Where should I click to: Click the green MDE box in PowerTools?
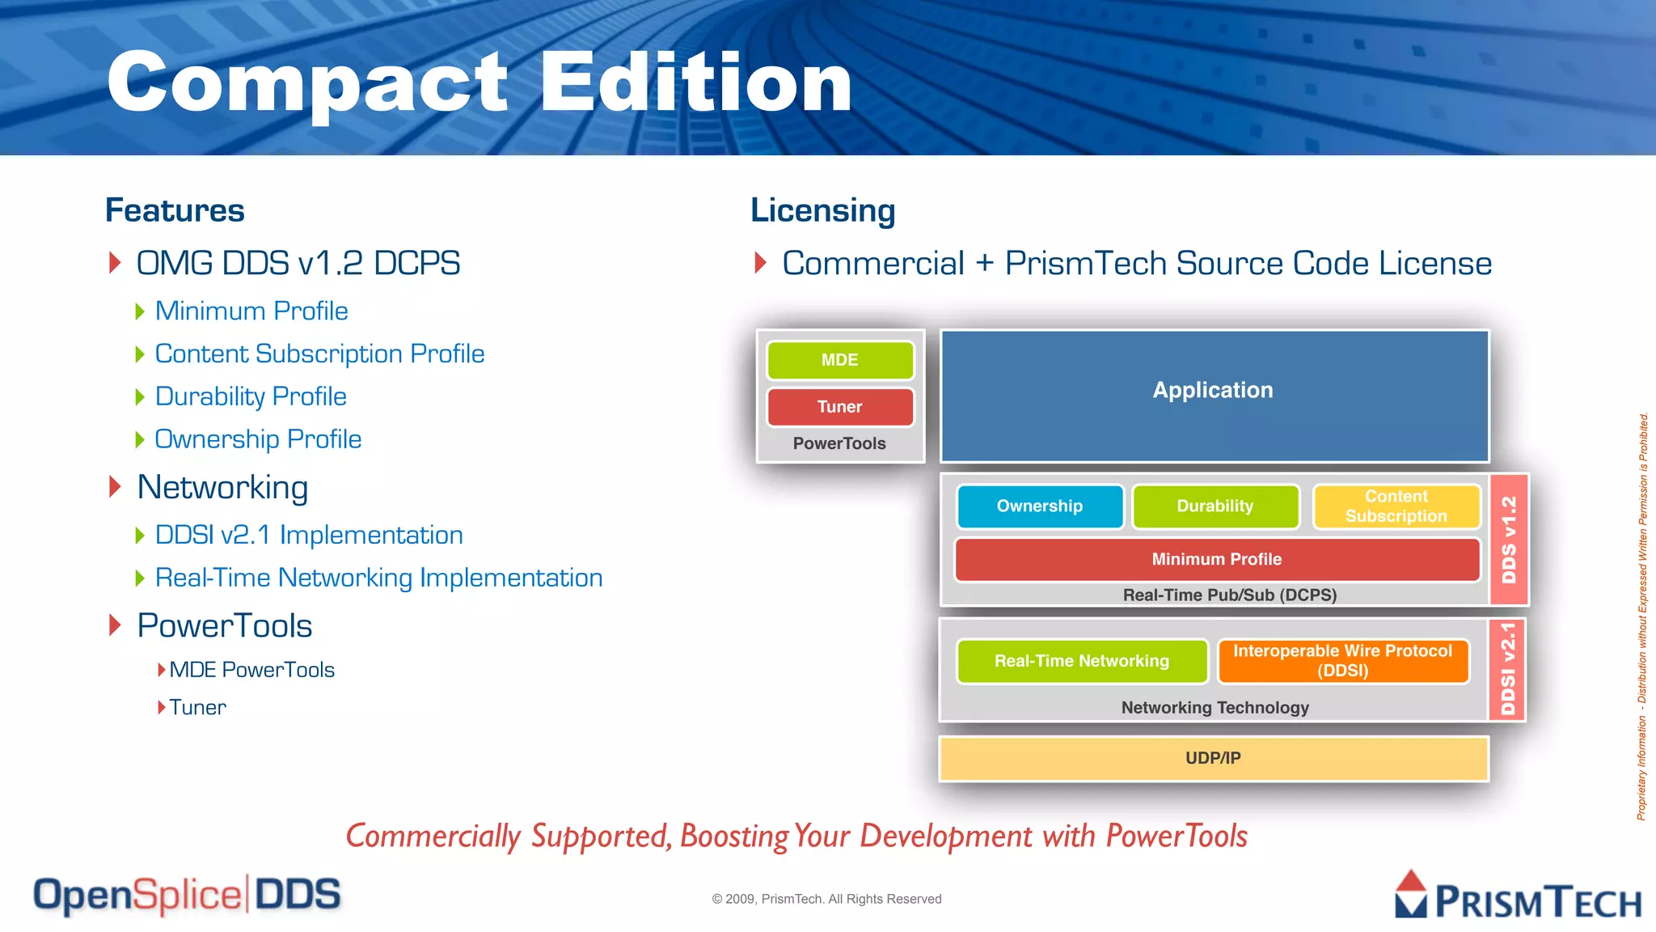click(x=839, y=360)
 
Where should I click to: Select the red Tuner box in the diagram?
click(x=839, y=407)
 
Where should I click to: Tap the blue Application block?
click(x=1214, y=396)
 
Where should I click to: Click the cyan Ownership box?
click(x=1039, y=506)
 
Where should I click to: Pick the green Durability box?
click(x=1215, y=506)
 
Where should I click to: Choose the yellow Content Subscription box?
click(x=1396, y=506)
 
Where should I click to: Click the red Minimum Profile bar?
click(x=1216, y=559)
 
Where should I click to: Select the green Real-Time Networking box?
click(x=1081, y=661)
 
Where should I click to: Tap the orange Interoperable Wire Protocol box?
click(x=1342, y=661)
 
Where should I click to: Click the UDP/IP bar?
click(x=1213, y=758)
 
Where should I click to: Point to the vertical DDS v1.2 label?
click(x=1509, y=540)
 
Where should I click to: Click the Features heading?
click(x=175, y=210)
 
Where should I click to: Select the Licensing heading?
click(x=822, y=210)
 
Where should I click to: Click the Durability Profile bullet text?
click(x=251, y=396)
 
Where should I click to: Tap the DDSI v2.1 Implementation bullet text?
click(x=309, y=535)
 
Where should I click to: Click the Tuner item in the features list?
click(x=197, y=708)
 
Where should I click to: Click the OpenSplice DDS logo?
click(x=187, y=896)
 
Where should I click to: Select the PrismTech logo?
click(x=1518, y=896)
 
